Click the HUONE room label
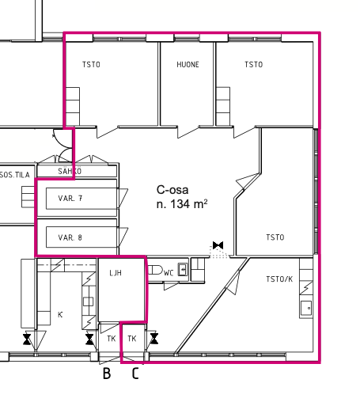(188, 65)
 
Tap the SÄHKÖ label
(70, 171)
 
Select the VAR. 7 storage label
(70, 198)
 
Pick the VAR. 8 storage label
(70, 237)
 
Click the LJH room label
(116, 273)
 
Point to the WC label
(169, 273)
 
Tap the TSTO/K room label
(279, 279)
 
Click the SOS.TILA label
(15, 175)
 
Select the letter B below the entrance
(107, 374)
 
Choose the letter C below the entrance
(135, 374)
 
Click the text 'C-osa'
(172, 190)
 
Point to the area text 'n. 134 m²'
(182, 204)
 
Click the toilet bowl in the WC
(155, 270)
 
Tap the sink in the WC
(183, 269)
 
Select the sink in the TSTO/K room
(306, 308)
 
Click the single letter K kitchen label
(60, 314)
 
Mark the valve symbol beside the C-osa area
(218, 245)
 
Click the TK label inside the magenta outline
(132, 339)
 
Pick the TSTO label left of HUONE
(91, 65)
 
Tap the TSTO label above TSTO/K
(275, 237)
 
